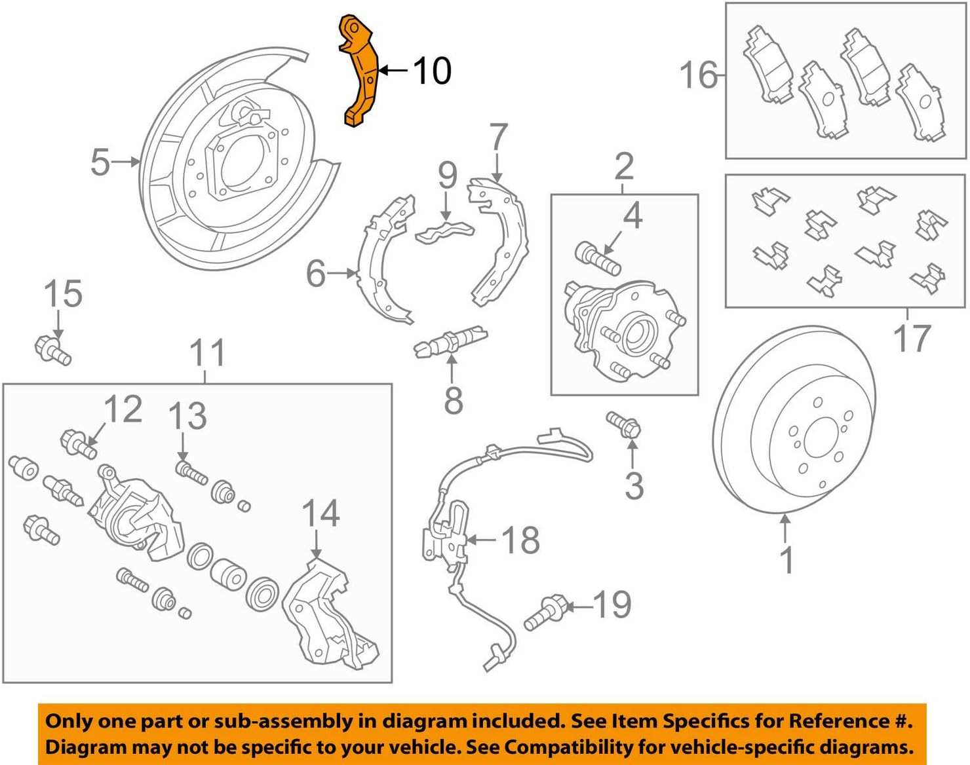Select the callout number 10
[x=431, y=71]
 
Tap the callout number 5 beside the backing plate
[x=100, y=162]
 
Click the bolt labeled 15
[x=52, y=348]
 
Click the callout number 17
[x=911, y=338]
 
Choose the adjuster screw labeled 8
[x=450, y=341]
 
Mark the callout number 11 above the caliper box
[x=207, y=354]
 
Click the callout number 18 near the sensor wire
[x=520, y=540]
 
